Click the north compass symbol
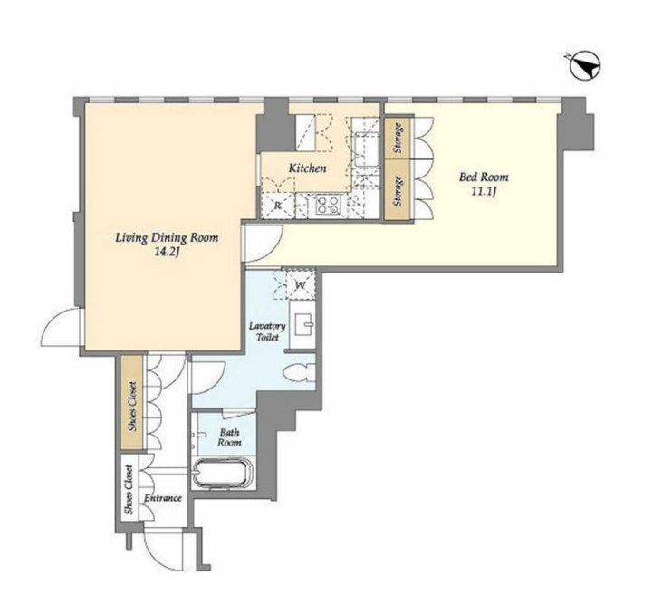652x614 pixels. point(584,66)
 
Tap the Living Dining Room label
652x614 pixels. point(167,238)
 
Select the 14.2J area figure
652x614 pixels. point(167,253)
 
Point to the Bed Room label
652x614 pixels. point(484,177)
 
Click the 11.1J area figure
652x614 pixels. point(484,192)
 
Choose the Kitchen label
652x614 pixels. point(307,168)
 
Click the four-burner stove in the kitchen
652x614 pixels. point(328,205)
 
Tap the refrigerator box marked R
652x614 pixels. point(277,206)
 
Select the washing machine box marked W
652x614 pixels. point(301,285)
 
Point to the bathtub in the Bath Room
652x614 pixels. point(223,473)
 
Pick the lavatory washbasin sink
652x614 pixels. point(304,325)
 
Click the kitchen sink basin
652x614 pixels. point(366,149)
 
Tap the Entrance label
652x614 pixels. point(163,497)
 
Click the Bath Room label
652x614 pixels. point(229,437)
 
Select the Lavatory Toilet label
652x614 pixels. point(267,331)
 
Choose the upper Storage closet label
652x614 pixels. point(398,138)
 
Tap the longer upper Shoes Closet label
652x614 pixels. point(132,406)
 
